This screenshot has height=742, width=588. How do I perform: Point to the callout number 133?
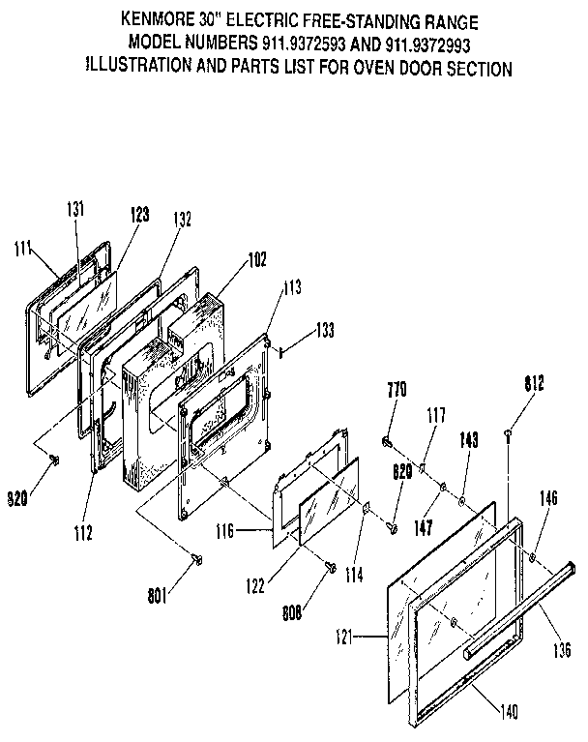pyautogui.click(x=325, y=332)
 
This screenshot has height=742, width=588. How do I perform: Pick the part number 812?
pyautogui.click(x=535, y=384)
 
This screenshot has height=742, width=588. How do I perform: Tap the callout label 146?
pyautogui.click(x=548, y=500)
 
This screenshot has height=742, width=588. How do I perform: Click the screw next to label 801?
pyautogui.click(x=197, y=559)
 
